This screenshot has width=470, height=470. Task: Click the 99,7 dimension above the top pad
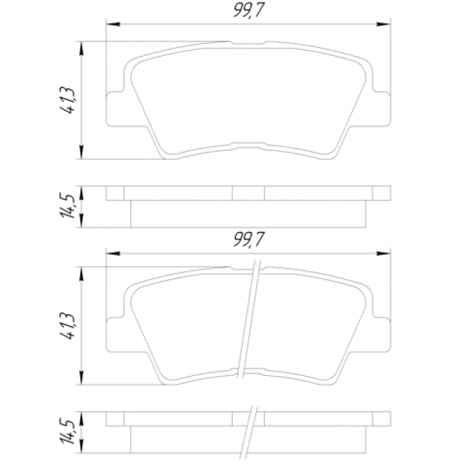pos(249,10)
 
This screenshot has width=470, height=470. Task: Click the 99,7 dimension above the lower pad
pos(249,239)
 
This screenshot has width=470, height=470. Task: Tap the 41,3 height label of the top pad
pos(67,100)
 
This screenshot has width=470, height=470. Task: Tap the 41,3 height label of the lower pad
pos(67,326)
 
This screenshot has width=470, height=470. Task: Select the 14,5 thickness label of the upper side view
pos(67,206)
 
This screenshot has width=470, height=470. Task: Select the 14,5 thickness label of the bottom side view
pos(67,432)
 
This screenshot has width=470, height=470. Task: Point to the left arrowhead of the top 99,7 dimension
pos(113,24)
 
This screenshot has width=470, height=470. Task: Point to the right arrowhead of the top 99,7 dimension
pos(383,24)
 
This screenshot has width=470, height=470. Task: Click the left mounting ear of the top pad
pos(115,109)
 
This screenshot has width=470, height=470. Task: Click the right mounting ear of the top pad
pos(381,109)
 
